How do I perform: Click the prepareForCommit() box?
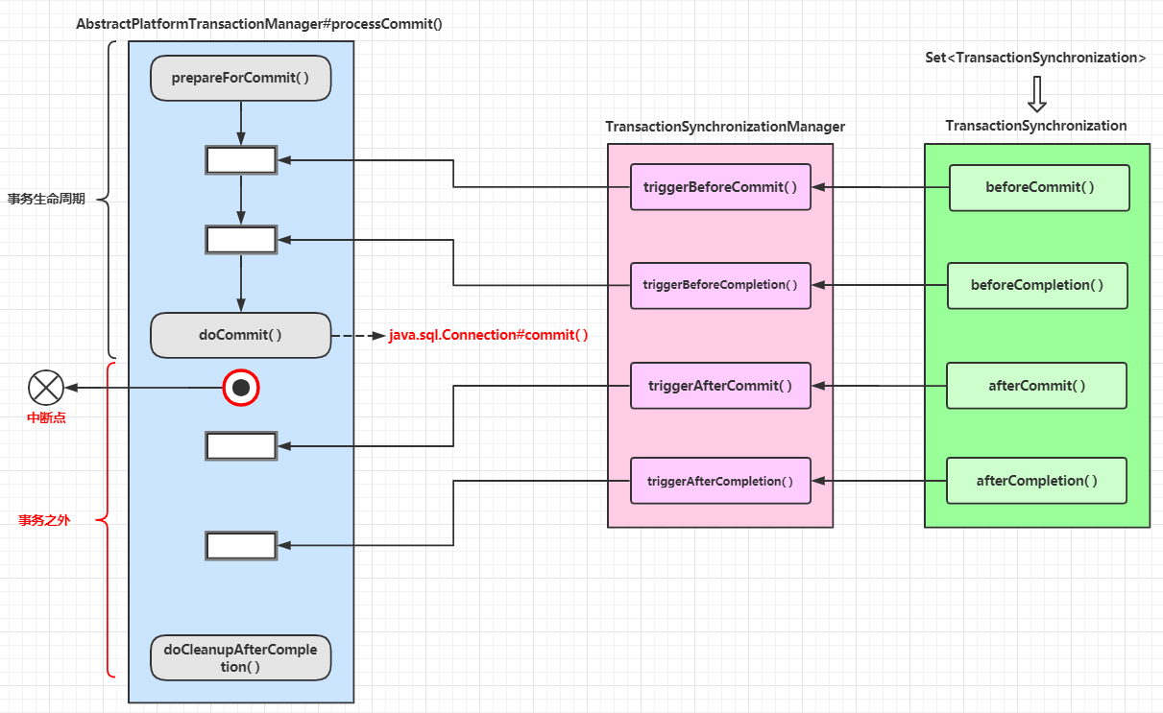[240, 79]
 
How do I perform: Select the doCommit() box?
[240, 336]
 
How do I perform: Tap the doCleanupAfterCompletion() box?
[240, 657]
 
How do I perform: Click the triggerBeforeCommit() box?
[720, 187]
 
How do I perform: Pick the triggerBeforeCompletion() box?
[720, 285]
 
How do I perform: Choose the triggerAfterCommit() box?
[720, 386]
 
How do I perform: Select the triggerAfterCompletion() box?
[720, 481]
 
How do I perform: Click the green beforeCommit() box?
[1039, 187]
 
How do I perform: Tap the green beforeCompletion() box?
[1037, 285]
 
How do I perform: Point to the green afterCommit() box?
[1036, 386]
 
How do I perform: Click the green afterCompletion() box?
[1036, 481]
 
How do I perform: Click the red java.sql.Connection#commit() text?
[488, 336]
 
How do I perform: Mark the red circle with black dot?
[241, 388]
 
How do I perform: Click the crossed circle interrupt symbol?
[46, 388]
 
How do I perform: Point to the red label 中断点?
[46, 418]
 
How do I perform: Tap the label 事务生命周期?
[46, 200]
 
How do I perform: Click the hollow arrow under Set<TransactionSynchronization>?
[1036, 94]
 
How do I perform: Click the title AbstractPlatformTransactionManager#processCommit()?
[259, 24]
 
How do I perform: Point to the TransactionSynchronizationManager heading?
[725, 127]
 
